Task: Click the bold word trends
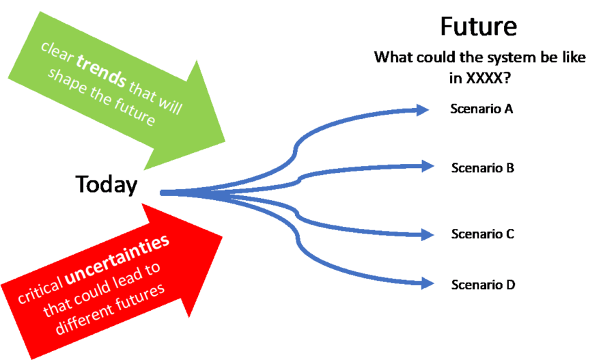tap(101, 72)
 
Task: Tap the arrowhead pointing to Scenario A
tap(423, 109)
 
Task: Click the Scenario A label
tap(482, 109)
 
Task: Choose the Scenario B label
tap(482, 167)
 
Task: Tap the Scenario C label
tap(482, 234)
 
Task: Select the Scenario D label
tap(482, 285)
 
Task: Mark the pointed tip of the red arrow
tap(223, 236)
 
